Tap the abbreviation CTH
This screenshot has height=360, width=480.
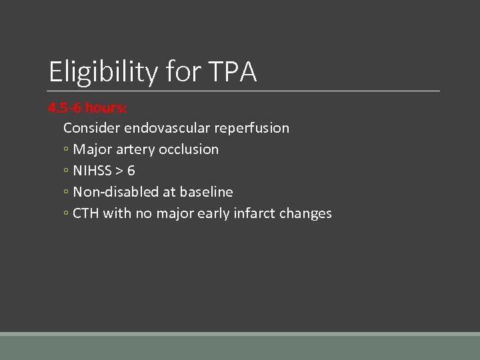[x=85, y=213]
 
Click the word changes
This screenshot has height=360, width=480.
[x=307, y=213]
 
